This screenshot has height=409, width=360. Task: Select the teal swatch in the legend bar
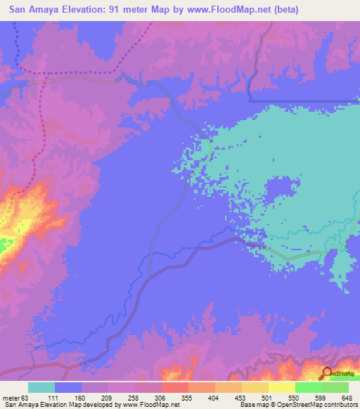[x=41, y=387]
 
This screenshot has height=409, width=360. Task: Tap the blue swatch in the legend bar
[x=68, y=387]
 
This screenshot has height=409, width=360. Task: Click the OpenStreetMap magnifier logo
[x=328, y=373]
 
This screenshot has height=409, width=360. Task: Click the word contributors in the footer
[x=340, y=405]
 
